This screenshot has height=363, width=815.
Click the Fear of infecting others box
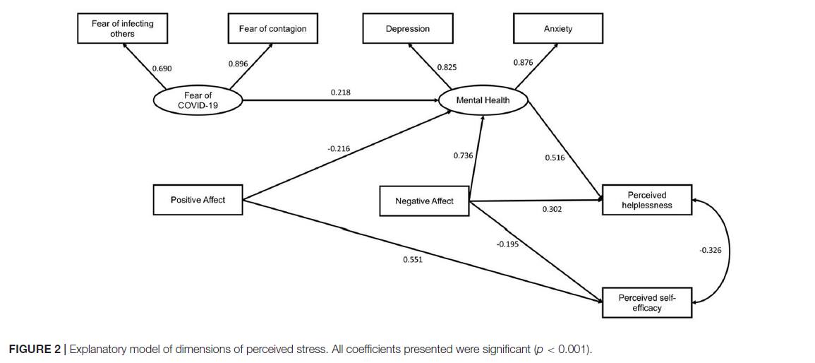pos(123,29)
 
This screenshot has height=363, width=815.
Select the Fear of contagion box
pos(273,29)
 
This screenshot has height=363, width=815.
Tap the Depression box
pos(408,29)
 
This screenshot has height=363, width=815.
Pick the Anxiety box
pos(557,29)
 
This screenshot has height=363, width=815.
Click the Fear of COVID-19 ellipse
pos(198,100)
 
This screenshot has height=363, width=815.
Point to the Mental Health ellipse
pos(483,100)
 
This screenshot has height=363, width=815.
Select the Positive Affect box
pos(198,200)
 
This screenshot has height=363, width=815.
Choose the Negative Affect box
pos(424,201)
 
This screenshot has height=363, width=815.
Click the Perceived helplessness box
pos(647,200)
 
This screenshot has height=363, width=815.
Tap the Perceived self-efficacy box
pos(647,303)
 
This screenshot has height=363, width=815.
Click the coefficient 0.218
pos(340,92)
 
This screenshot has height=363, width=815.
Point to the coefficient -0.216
pos(339,149)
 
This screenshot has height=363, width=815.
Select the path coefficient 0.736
pos(463,155)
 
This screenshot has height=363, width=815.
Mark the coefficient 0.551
pos(413,259)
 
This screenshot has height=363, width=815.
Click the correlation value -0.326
pos(710,250)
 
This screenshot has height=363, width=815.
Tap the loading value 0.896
pos(238,64)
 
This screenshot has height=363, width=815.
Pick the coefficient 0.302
pos(552,209)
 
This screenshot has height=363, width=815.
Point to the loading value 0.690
pos(162,68)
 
